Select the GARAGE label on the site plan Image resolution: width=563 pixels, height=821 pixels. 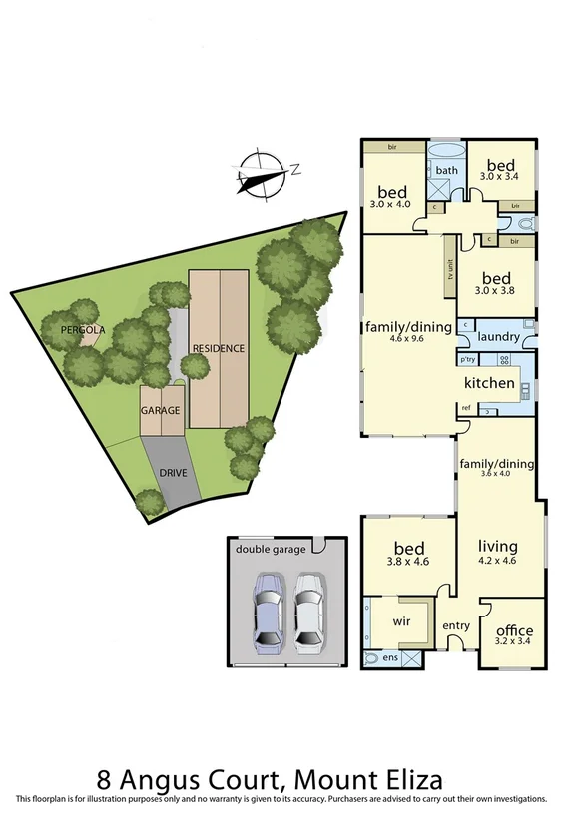pos(160,411)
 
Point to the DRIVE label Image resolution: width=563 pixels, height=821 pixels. pos(173,471)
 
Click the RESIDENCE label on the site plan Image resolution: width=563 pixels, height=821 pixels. pos(218,348)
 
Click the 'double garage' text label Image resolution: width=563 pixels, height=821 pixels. pos(270,549)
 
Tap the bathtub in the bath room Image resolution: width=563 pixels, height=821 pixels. pos(446,152)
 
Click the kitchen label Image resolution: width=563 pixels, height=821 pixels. pos(489,383)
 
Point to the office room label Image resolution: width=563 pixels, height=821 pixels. pos(514,630)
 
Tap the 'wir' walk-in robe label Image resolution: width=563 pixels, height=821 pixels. pos(403,620)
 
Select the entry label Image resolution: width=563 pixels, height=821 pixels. pos(456,625)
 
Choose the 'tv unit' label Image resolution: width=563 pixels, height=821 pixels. pos(451,271)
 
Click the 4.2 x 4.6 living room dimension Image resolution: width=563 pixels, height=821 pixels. pos(499,562)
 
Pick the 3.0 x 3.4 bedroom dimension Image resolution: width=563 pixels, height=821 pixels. pos(500,177)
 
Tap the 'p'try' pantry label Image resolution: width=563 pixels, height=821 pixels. pos(467,359)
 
